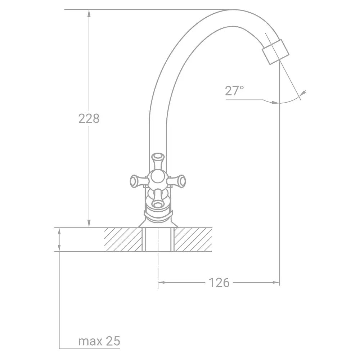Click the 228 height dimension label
(89, 119)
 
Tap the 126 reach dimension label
(219, 283)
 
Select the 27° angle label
(234, 91)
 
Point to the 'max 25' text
(99, 341)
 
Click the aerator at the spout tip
(275, 52)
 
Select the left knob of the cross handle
(139, 181)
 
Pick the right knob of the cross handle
(177, 181)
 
